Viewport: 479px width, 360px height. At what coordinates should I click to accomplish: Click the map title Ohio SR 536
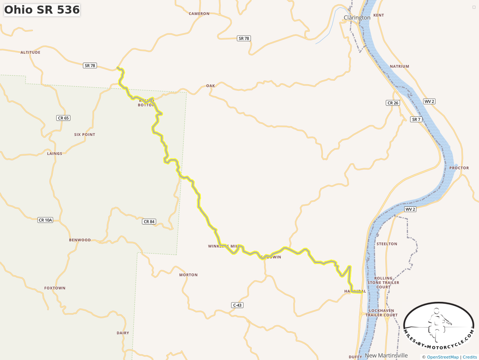(x=42, y=10)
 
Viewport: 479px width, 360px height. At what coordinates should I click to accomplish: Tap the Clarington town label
(x=357, y=18)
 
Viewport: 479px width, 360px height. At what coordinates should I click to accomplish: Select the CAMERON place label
(x=199, y=14)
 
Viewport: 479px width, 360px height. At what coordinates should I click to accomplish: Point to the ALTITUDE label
(x=30, y=52)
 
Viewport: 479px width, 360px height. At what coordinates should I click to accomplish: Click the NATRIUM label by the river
(x=399, y=66)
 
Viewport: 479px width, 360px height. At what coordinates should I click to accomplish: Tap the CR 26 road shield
(x=393, y=103)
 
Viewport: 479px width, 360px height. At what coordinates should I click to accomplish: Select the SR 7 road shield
(x=416, y=119)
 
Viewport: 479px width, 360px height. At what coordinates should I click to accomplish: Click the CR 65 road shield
(x=63, y=118)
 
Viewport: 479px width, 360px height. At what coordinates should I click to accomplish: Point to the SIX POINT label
(x=85, y=134)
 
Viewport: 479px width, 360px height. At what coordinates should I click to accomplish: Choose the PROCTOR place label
(x=459, y=168)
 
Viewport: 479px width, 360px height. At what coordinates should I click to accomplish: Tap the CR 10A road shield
(x=46, y=220)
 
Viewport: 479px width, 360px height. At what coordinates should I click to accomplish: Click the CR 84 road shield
(x=149, y=221)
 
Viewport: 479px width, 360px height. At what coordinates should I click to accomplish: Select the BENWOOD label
(x=80, y=240)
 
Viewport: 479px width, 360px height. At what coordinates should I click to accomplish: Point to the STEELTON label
(x=387, y=244)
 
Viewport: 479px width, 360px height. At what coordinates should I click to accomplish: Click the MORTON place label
(x=188, y=275)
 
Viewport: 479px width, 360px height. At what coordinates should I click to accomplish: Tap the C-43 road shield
(x=237, y=305)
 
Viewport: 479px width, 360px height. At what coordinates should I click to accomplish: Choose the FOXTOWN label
(x=55, y=288)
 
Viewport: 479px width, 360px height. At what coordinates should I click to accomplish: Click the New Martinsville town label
(x=386, y=356)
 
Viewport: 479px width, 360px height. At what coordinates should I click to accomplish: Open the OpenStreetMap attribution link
(x=443, y=357)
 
